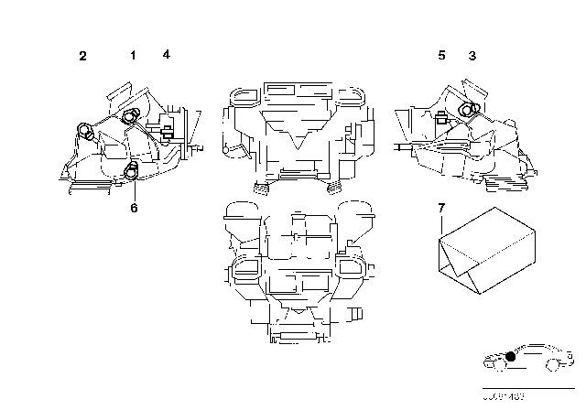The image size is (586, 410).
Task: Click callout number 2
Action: point(82,57)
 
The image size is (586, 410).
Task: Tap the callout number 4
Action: point(166,54)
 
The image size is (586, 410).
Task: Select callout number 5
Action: point(441,56)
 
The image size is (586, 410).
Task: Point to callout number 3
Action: point(472,56)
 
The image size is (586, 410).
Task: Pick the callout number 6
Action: point(134,208)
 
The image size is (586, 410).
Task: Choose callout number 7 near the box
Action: point(440,210)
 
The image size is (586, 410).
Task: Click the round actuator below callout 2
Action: point(87,131)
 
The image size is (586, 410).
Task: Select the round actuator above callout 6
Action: point(131,169)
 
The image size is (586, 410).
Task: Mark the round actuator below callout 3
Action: point(469,110)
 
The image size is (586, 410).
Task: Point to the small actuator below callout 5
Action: point(441,116)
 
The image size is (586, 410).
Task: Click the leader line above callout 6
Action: point(134,189)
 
